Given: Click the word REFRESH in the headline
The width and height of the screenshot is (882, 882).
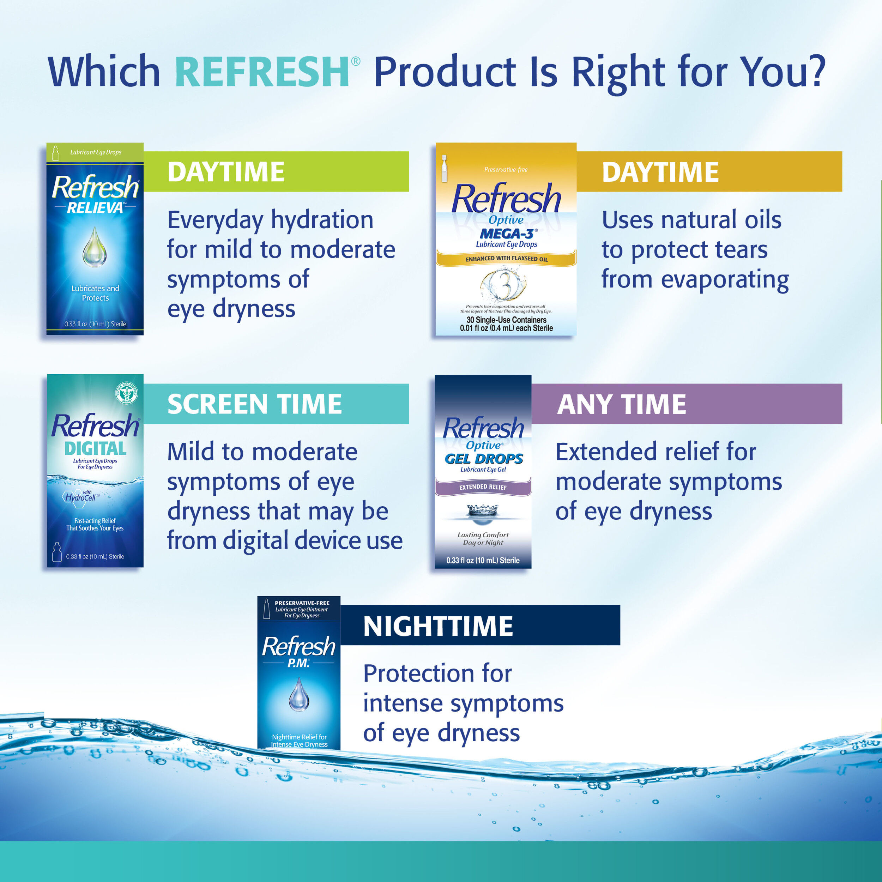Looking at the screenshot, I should point(262,72).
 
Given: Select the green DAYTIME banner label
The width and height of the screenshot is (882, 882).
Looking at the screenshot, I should point(226,172).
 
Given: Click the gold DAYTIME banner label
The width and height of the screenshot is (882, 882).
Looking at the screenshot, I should point(660,172).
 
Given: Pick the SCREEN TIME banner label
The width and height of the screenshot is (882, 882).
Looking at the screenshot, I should point(254,404).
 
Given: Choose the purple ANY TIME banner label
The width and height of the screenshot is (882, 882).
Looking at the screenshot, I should point(621,404).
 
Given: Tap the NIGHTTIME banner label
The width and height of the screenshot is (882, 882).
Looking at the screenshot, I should point(438,626).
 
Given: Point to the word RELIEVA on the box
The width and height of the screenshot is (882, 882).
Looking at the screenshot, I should point(95,208).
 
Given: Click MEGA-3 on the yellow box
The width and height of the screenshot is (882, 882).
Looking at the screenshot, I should point(507,234).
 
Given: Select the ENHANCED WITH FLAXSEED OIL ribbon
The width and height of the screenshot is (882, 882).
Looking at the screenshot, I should point(506,259).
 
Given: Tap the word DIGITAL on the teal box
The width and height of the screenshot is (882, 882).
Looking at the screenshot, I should point(95,448).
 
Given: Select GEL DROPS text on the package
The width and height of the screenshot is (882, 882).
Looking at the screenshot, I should point(483,459).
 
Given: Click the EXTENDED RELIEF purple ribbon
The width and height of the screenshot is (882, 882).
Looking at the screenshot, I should point(483,487).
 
